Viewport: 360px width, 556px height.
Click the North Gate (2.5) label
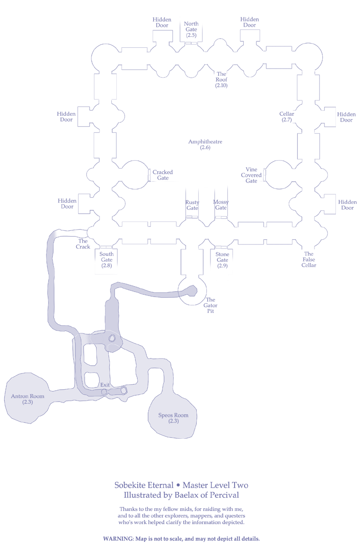(x=191, y=30)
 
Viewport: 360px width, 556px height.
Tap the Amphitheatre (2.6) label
(x=205, y=144)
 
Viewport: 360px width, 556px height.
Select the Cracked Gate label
(x=163, y=175)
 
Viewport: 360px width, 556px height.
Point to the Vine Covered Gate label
(x=251, y=175)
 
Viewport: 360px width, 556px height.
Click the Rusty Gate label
(x=192, y=205)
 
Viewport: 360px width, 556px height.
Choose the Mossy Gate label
(x=221, y=205)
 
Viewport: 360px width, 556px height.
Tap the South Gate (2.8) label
(x=106, y=260)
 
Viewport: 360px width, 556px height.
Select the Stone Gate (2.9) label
(x=222, y=260)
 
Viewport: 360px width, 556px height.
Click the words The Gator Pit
(x=210, y=306)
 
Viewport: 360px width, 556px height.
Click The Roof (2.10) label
(x=221, y=79)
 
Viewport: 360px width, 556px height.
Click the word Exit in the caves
(x=105, y=385)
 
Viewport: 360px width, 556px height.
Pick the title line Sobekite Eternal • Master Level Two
(x=181, y=485)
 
